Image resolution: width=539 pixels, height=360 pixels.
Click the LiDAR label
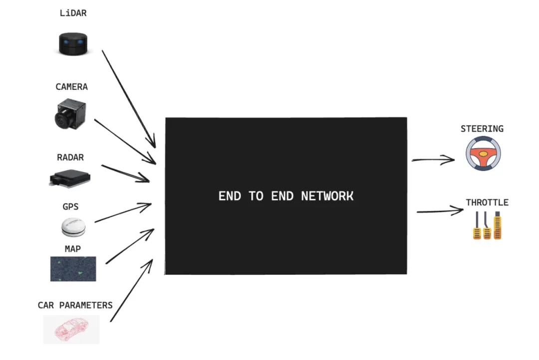[73, 13]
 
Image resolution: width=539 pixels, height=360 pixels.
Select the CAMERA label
[71, 87]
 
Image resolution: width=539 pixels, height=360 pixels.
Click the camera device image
[70, 113]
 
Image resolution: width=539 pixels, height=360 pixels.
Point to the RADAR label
[70, 158]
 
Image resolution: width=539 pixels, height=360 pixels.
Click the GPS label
[70, 206]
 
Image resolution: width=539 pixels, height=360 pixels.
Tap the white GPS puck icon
[74, 227]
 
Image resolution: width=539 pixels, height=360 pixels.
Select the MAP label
[73, 249]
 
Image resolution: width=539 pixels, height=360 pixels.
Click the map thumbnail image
[73, 269]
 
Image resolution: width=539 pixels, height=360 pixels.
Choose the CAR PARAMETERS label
[75, 305]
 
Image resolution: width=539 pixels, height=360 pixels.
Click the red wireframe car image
[71, 329]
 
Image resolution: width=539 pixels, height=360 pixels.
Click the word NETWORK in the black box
[327, 196]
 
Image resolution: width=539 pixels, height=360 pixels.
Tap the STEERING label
[482, 129]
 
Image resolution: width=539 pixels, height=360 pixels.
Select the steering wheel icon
[483, 154]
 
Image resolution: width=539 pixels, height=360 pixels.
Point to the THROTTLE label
[487, 202]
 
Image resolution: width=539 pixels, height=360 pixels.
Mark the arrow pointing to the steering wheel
[433, 160]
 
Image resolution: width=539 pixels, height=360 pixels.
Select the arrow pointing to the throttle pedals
[440, 211]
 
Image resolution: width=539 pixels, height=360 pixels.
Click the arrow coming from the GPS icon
[123, 213]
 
